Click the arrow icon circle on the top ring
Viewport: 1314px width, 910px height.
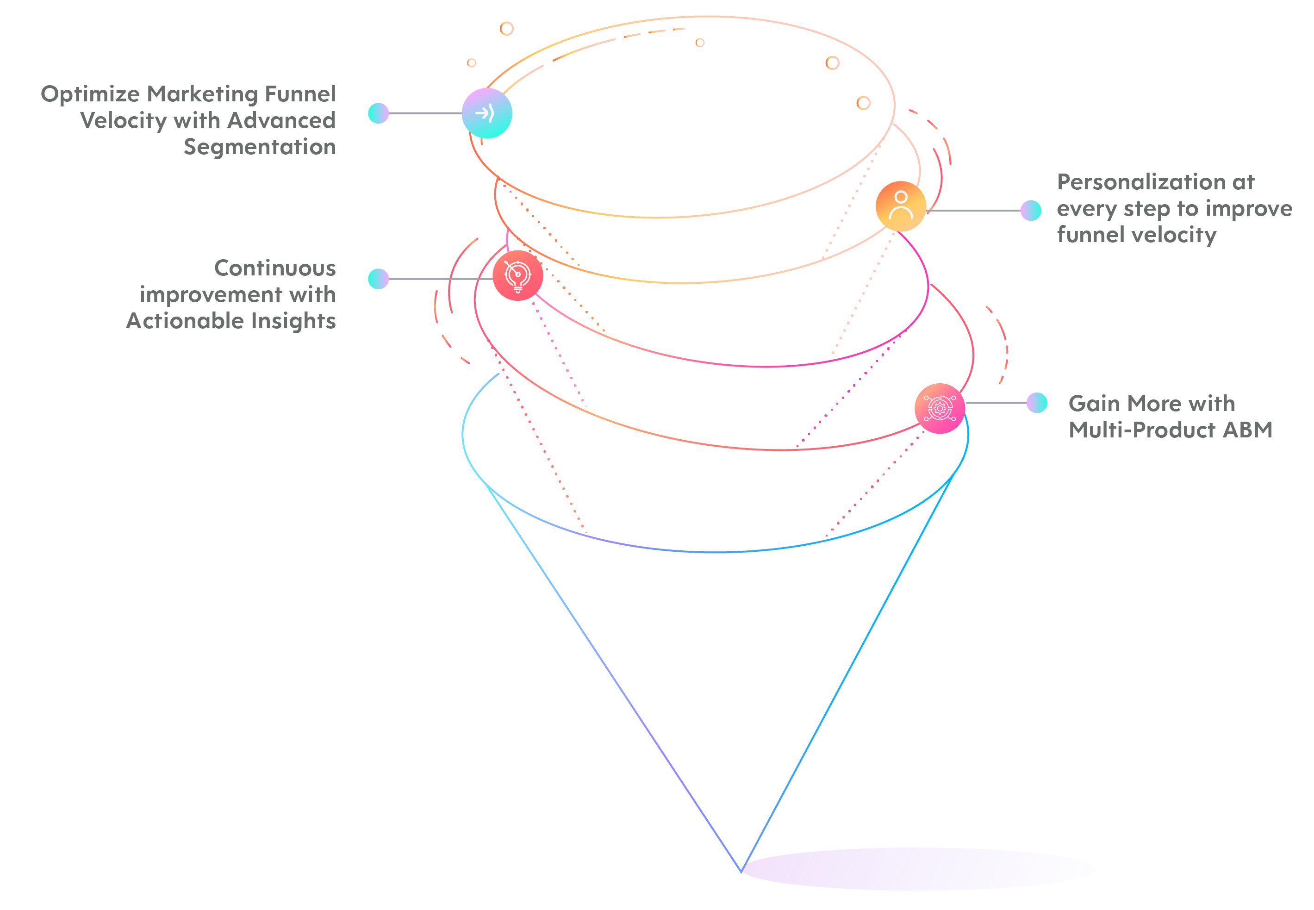(x=486, y=113)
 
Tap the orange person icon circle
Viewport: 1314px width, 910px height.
(x=900, y=206)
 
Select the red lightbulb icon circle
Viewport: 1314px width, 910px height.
(x=517, y=275)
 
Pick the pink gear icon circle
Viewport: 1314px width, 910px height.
(x=940, y=408)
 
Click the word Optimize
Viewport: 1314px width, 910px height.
(x=91, y=94)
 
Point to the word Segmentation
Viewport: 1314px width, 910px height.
(x=260, y=148)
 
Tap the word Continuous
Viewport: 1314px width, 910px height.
(x=275, y=268)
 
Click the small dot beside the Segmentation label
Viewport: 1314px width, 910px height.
(x=378, y=113)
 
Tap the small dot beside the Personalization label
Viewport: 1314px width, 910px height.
(x=1031, y=211)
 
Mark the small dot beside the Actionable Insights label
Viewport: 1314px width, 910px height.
(x=378, y=279)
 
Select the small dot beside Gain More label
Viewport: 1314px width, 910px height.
(x=1036, y=403)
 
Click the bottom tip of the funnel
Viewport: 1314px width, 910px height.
(x=741, y=872)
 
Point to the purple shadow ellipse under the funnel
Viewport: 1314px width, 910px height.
(x=918, y=868)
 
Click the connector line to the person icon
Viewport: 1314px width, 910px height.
(x=973, y=211)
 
